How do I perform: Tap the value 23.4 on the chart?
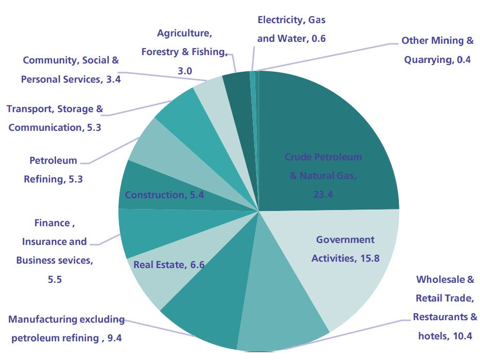[323, 194]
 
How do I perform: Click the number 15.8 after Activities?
[369, 258]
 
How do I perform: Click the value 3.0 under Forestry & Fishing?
[184, 71]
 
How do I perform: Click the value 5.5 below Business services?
[54, 279]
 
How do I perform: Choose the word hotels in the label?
[431, 336]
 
